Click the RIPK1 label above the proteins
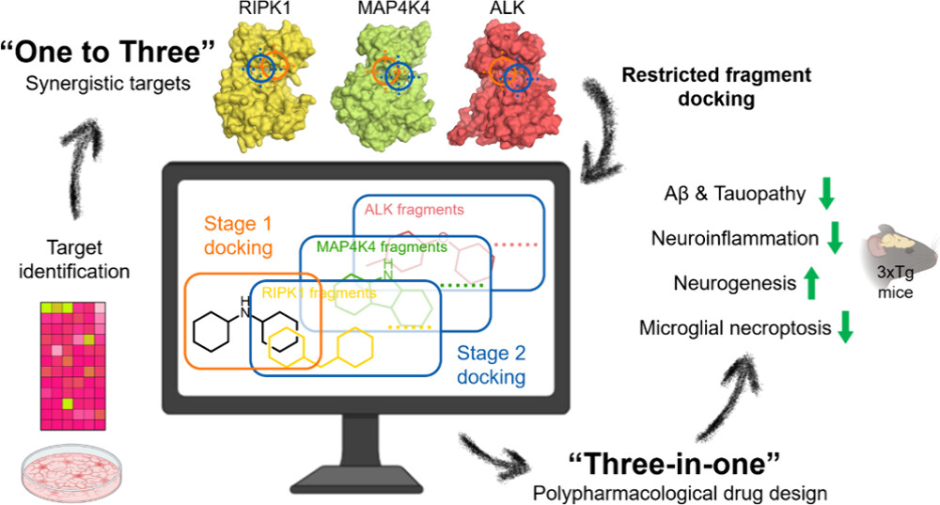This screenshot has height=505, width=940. (x=260, y=8)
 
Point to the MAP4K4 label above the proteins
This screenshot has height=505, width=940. (x=394, y=8)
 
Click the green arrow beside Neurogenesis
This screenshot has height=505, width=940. (x=811, y=283)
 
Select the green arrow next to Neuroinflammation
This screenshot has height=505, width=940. (x=835, y=238)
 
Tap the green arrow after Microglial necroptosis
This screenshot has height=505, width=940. (x=845, y=327)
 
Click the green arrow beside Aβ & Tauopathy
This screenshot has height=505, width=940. (x=826, y=193)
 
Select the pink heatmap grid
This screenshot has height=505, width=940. (x=73, y=367)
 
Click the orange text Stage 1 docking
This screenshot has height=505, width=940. (x=238, y=235)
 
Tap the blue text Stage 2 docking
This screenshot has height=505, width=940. (x=491, y=365)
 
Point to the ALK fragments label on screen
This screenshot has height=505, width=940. (x=415, y=210)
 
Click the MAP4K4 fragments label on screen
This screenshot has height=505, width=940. (x=382, y=246)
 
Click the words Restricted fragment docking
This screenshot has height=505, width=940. (x=716, y=87)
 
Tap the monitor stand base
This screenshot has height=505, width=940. (x=365, y=480)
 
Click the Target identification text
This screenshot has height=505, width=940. (x=74, y=260)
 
